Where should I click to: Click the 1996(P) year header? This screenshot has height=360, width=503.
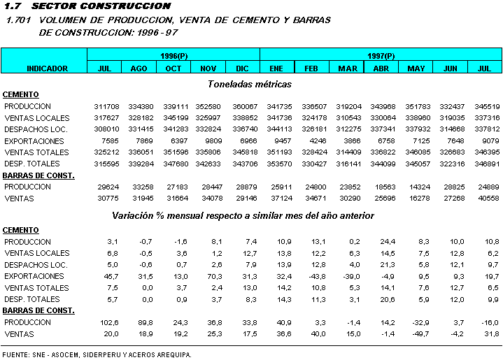click(173, 55)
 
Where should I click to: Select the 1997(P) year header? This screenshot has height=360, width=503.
click(381, 55)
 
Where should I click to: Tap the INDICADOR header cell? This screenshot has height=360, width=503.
click(47, 69)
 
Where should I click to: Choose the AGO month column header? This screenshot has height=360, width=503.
click(139, 69)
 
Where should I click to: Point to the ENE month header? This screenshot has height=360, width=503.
click(276, 69)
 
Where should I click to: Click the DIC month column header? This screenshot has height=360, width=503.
click(242, 69)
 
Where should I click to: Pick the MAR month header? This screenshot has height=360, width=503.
click(347, 69)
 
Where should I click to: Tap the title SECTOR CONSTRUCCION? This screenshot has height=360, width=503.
click(101, 6)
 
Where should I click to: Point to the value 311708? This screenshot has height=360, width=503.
click(106, 106)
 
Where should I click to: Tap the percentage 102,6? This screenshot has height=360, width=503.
click(109, 323)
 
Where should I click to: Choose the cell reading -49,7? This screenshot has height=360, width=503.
click(418, 334)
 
